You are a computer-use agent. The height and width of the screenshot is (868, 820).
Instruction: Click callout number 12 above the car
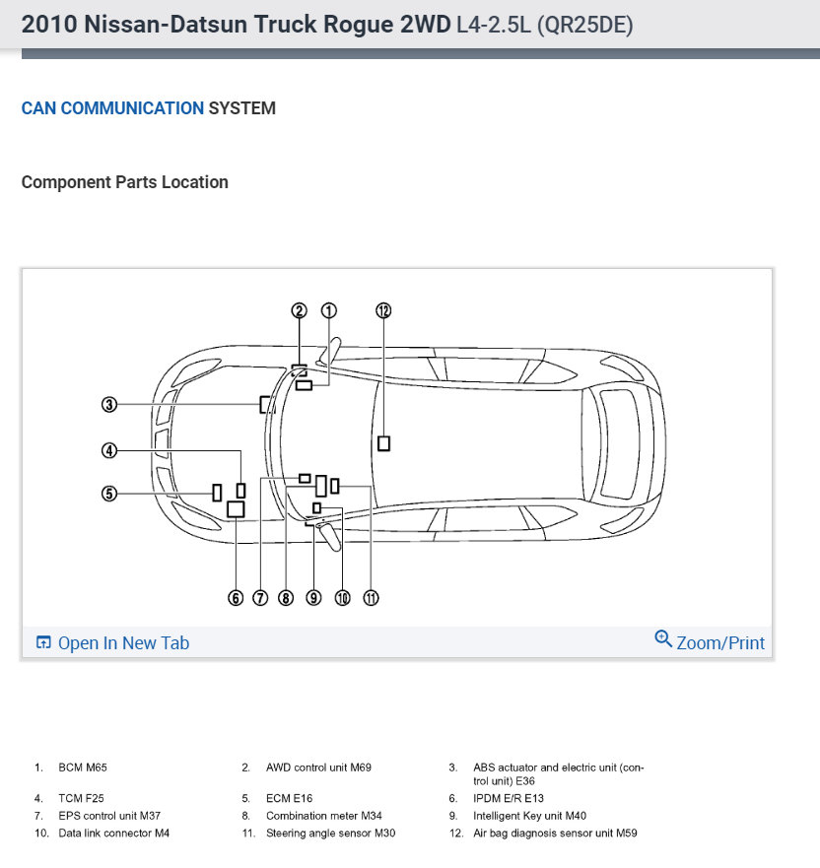383,310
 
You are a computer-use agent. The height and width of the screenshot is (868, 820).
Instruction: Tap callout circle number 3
109,404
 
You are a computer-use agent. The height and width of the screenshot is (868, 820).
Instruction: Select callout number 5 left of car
109,494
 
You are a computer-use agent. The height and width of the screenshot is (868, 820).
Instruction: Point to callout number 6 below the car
236,597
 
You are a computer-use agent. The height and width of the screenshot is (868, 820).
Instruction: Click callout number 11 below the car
371,597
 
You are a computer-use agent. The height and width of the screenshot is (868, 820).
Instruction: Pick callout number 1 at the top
328,310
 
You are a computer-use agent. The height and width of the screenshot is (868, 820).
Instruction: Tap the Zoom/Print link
720,643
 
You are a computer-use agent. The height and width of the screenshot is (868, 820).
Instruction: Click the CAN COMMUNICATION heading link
112,108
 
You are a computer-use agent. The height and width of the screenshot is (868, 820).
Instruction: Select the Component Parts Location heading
124,182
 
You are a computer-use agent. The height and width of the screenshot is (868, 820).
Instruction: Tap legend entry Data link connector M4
113,834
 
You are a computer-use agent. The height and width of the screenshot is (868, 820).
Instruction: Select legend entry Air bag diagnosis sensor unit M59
555,834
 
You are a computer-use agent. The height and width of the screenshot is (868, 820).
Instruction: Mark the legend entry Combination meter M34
323,816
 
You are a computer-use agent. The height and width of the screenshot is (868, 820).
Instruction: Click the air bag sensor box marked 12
383,444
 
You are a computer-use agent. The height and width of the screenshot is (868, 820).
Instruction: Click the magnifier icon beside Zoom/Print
663,638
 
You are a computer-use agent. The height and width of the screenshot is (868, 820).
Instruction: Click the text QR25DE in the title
583,26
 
